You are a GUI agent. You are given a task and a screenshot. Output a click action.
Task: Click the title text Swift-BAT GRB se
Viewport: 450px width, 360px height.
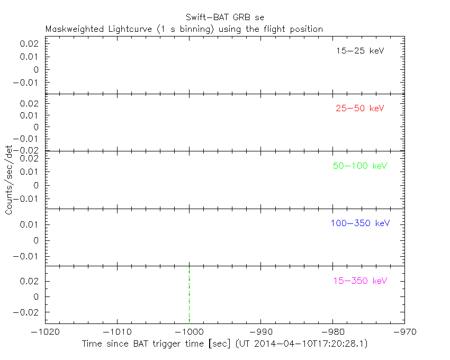224,17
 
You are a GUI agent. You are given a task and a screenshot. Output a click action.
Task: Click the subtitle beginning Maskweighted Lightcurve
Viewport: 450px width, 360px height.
184,29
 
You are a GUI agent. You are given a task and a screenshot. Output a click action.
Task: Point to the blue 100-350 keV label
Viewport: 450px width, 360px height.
360,223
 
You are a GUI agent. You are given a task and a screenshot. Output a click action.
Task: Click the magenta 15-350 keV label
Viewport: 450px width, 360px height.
360,281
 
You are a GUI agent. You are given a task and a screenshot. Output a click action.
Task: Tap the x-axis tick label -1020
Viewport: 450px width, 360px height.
45,332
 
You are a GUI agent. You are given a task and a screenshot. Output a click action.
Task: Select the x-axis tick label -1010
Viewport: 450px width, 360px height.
117,332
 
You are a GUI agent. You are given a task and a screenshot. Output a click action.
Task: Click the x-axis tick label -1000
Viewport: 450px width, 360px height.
189,332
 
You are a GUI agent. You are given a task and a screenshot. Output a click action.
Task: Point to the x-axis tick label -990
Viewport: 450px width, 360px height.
261,332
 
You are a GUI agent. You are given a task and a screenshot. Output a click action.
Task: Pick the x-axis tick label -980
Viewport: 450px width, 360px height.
332,332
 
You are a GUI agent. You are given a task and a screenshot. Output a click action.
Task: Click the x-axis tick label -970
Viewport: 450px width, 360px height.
404,332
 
